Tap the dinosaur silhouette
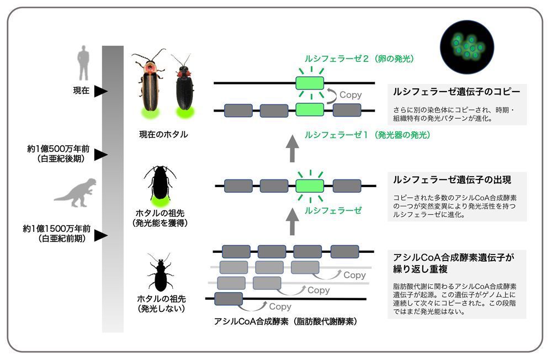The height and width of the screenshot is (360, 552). tap(76, 192)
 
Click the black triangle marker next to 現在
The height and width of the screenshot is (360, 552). tap(100, 91)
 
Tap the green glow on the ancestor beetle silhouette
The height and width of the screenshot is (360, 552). tap(160, 194)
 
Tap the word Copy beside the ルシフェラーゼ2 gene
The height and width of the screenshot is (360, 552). tap(351, 95)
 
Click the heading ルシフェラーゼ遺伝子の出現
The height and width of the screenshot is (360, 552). tap(452, 180)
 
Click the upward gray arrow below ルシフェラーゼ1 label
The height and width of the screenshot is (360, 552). tap(293, 150)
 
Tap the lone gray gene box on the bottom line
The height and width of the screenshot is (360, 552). tap(229, 299)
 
